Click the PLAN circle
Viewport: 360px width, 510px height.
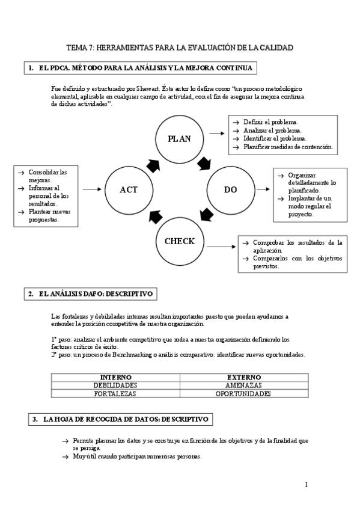point(180,138)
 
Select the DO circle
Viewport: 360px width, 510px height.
point(231,190)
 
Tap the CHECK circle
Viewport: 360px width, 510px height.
point(180,242)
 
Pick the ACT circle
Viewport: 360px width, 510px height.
point(129,190)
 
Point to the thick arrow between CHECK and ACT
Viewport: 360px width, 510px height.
point(155,215)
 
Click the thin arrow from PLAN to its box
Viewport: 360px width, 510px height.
point(216,132)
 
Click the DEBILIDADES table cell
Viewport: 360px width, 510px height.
point(115,385)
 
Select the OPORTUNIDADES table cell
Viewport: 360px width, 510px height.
point(243,394)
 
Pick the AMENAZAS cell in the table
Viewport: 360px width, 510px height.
point(243,385)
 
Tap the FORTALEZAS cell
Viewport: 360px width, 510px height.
point(115,394)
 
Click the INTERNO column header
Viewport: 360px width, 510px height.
point(115,376)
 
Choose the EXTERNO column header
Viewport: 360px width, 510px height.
point(243,376)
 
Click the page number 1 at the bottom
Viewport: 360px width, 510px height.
point(306,484)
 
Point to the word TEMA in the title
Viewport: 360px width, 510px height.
point(76,48)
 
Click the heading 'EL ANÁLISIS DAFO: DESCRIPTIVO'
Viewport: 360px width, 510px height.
point(96,294)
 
